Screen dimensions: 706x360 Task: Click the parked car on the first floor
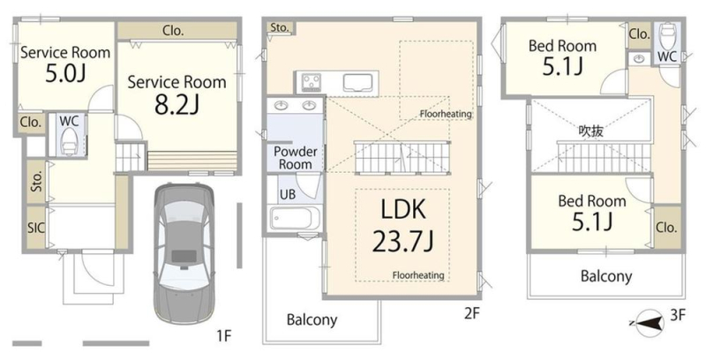[184, 253]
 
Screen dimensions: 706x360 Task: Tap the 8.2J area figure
[177, 105]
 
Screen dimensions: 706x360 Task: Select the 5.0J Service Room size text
[64, 74]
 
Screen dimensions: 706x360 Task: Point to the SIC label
[36, 228]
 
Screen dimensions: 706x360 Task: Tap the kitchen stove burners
[311, 82]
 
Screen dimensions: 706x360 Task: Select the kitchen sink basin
[358, 83]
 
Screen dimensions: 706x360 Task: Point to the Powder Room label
[295, 158]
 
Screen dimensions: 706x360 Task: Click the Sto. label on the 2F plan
[279, 28]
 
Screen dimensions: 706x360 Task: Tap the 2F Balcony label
[312, 320]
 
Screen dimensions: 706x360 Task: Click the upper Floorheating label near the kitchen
[446, 114]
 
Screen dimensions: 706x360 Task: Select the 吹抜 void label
[590, 131]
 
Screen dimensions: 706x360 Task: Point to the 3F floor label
[678, 314]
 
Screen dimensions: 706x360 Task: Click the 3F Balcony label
[606, 276]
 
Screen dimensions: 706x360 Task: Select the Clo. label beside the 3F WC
[639, 34]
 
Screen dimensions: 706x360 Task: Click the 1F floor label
[224, 335]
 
